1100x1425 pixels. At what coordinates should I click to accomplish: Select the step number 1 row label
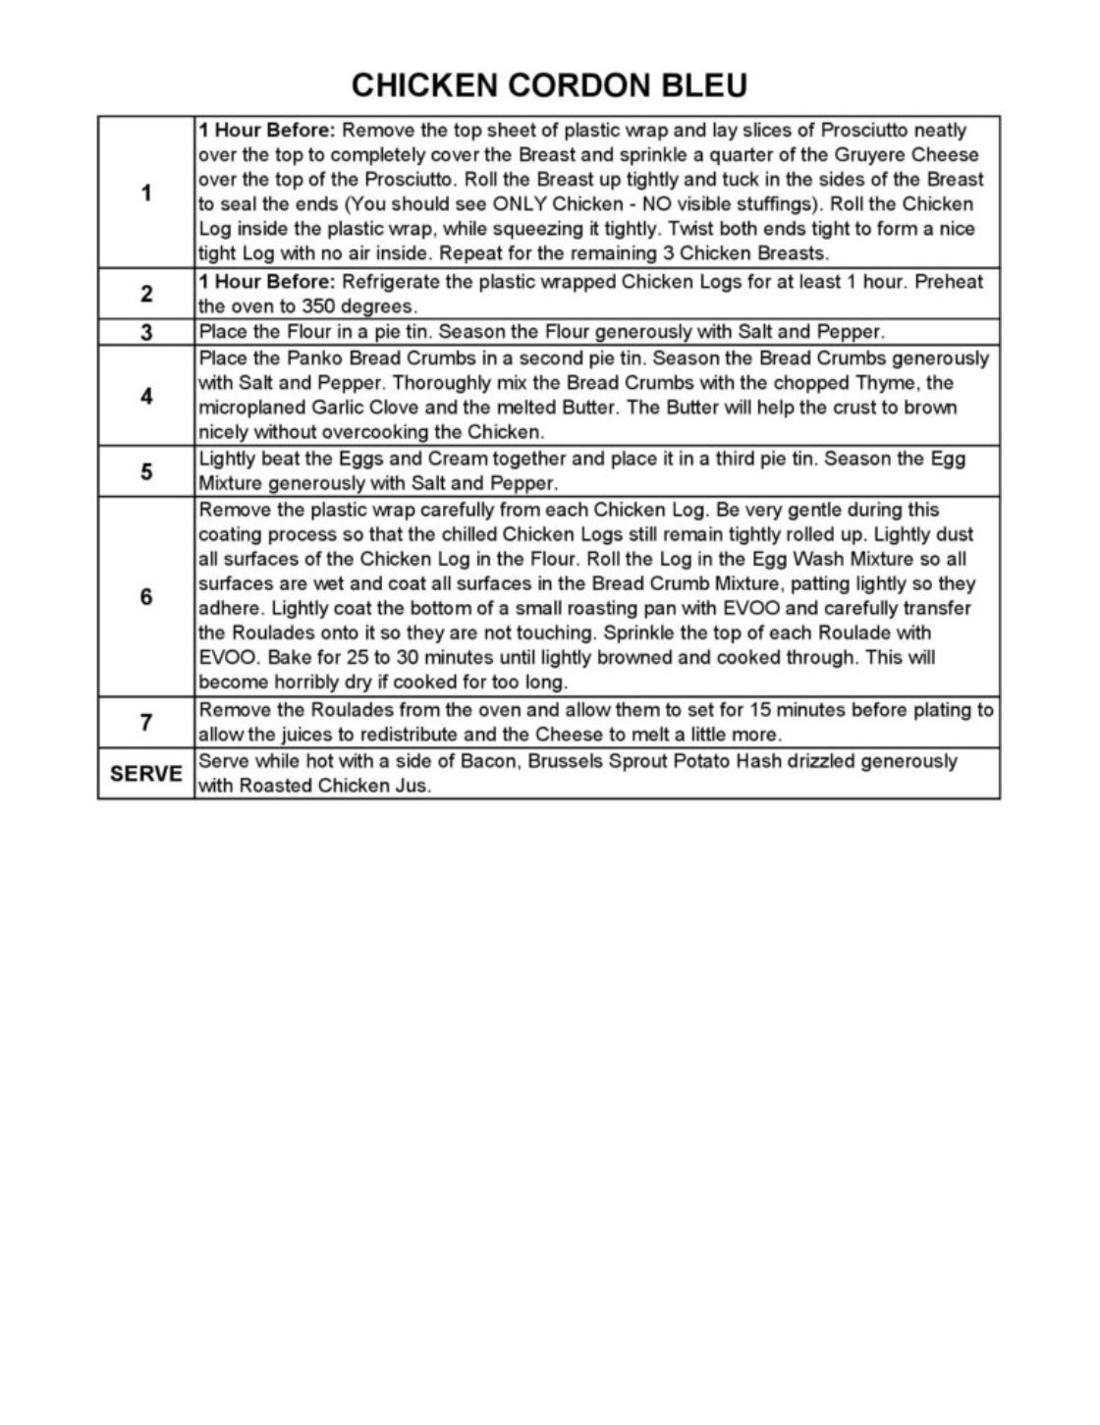146,192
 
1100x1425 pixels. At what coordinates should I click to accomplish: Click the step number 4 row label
146,397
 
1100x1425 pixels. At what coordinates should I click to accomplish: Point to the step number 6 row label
146,597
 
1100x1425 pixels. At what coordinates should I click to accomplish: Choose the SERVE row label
146,774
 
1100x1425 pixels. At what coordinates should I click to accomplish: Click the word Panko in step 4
312,358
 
